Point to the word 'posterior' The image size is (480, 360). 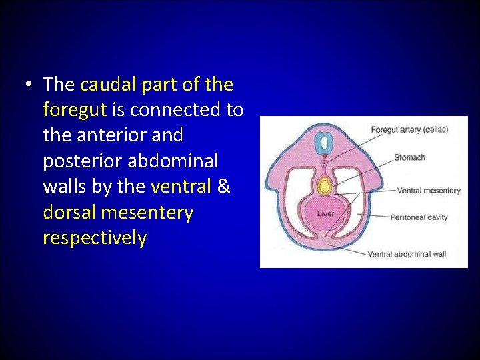[83, 161]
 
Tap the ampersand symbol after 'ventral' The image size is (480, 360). [223, 187]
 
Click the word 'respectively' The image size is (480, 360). [94, 238]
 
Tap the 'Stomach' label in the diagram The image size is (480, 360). [409, 157]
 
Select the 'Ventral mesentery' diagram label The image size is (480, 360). [429, 191]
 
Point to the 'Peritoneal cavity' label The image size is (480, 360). [419, 217]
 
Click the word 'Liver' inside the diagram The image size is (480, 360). [325, 213]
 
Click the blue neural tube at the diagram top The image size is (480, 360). [325, 141]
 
